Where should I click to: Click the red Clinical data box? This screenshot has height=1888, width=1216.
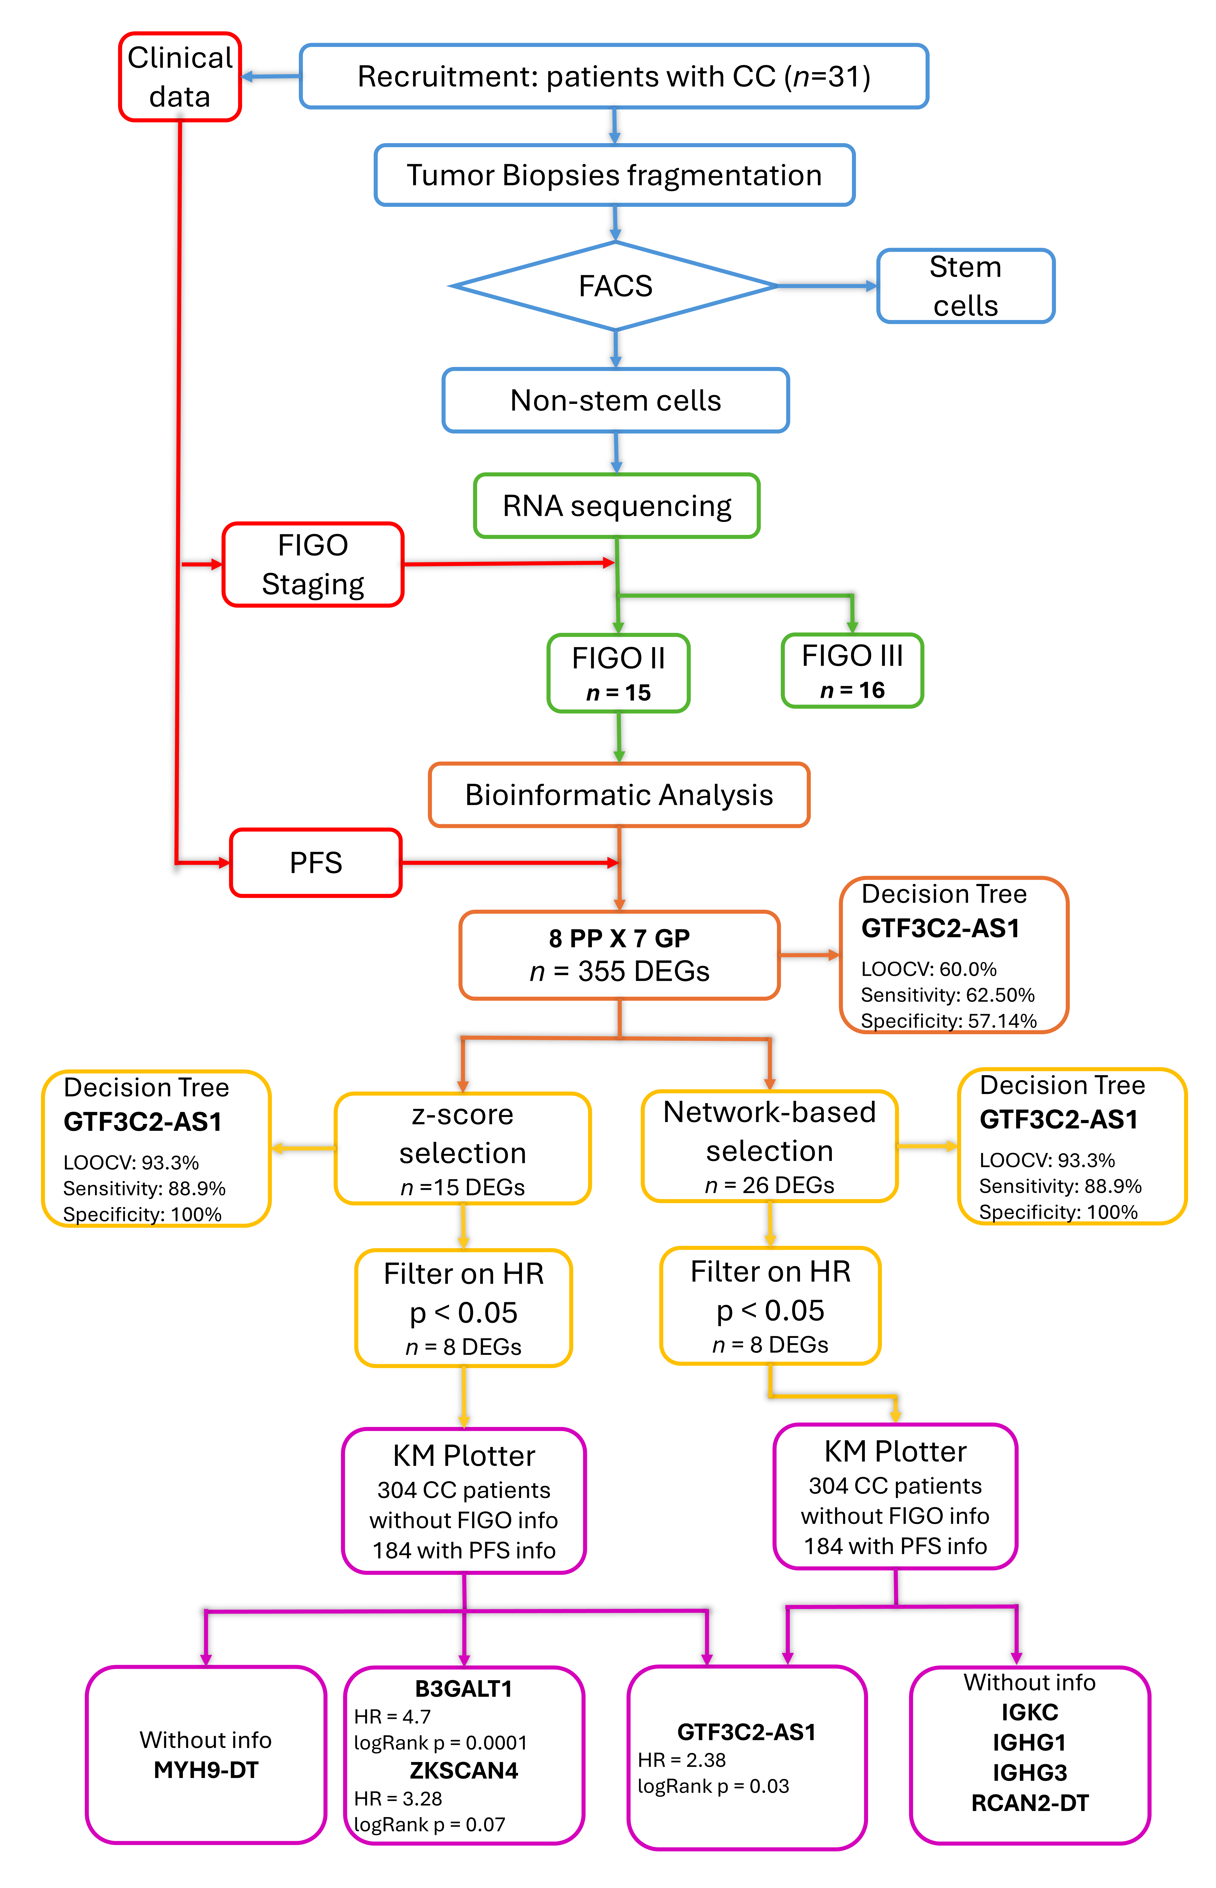click(180, 77)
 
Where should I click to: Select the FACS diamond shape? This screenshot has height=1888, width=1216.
click(615, 286)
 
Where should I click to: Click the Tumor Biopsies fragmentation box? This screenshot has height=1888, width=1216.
click(614, 175)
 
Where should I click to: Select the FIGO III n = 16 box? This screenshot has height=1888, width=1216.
click(852, 671)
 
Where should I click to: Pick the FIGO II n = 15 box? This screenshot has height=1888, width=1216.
click(618, 673)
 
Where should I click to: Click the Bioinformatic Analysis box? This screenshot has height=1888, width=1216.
click(619, 795)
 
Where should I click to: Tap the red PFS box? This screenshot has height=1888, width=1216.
click(316, 863)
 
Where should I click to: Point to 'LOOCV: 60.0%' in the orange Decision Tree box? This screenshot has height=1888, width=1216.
click(929, 969)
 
